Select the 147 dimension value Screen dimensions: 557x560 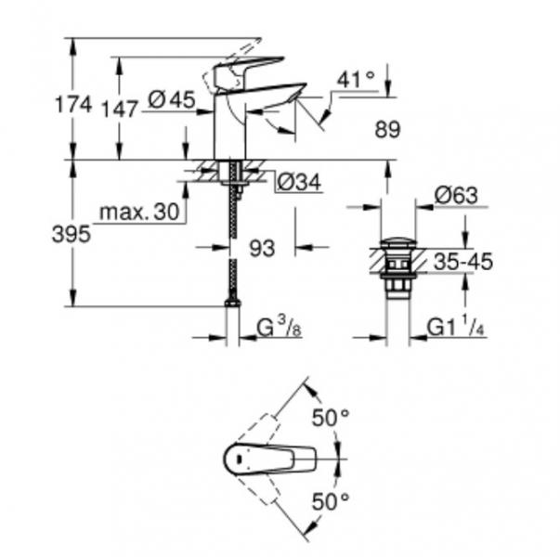coord(120,109)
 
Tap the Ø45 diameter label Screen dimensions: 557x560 coord(171,102)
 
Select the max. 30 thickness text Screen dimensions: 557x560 coord(138,213)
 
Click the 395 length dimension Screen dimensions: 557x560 coord(72,235)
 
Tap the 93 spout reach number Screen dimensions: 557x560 coord(263,248)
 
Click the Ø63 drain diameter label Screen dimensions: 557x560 coord(455,196)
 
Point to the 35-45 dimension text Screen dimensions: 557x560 coord(462,263)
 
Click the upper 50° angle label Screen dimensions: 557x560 coord(330,419)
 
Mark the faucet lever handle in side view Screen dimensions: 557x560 coord(248,71)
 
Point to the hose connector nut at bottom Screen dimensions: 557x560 coord(232,300)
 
